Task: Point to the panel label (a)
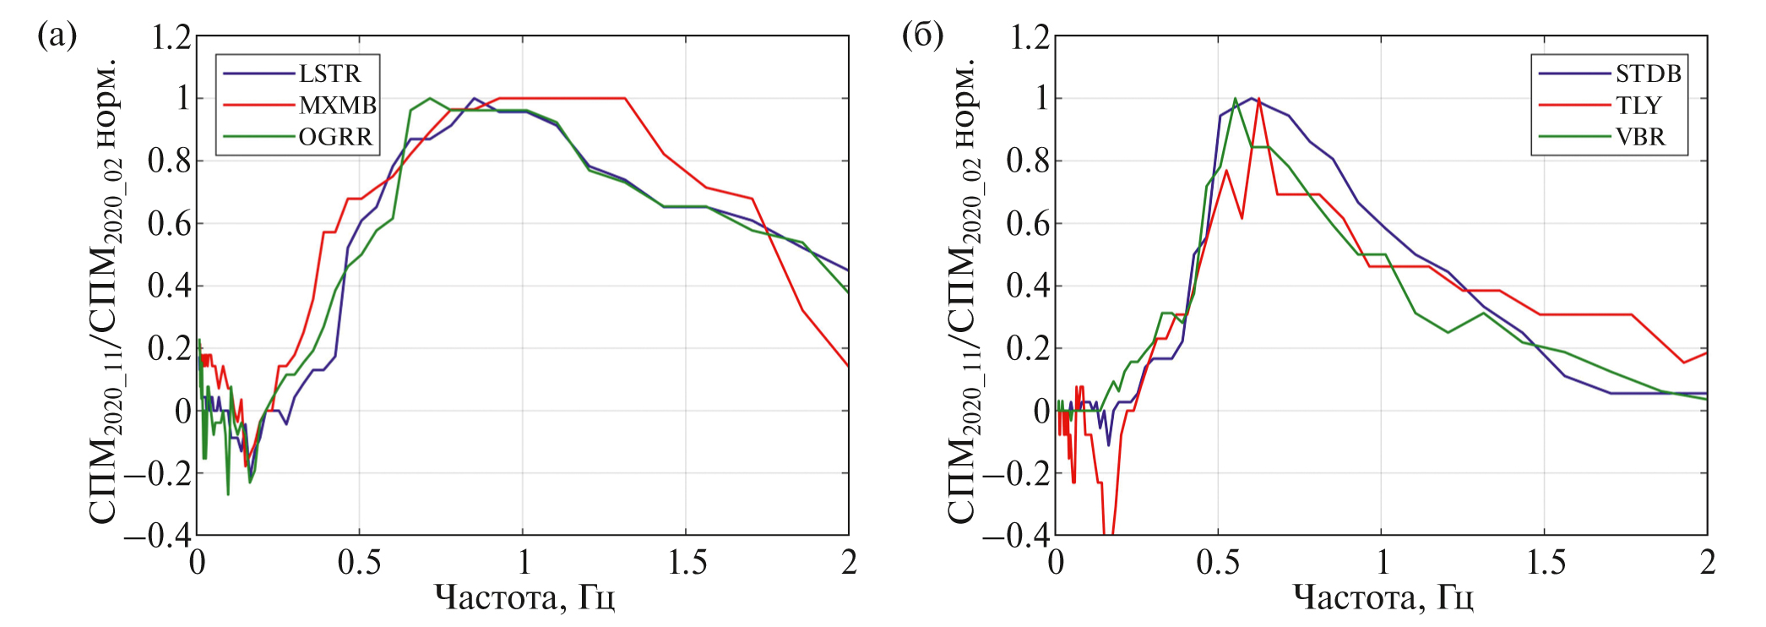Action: click(57, 35)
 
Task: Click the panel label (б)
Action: click(922, 35)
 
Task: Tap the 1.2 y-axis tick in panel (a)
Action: click(171, 37)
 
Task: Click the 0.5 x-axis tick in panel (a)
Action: click(359, 563)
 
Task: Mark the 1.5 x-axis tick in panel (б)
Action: click(1545, 563)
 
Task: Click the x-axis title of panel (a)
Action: click(524, 598)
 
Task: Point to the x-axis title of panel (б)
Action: click(1383, 598)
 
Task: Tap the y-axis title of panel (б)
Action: click(964, 292)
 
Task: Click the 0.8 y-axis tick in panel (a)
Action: click(171, 161)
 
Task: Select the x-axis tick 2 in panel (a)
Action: click(849, 563)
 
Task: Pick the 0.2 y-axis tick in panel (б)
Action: click(1029, 348)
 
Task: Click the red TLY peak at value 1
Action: click(1258, 99)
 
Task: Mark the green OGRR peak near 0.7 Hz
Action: click(430, 99)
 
